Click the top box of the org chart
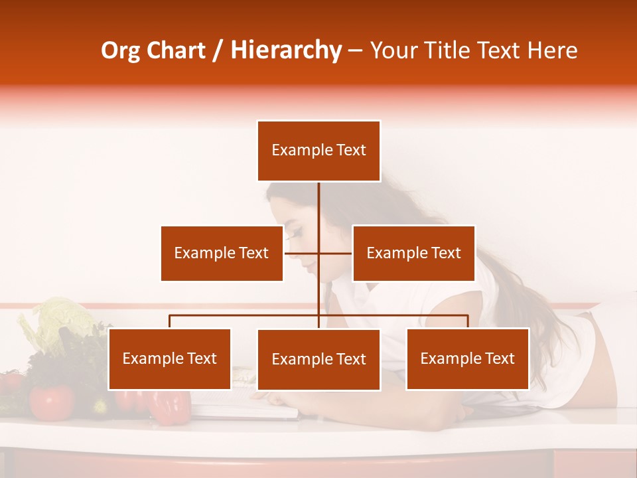[x=318, y=151]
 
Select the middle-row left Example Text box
[x=222, y=253]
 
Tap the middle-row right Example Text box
[x=413, y=253]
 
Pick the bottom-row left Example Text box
[x=169, y=358]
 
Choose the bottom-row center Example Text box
[x=318, y=360]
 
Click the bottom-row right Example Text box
[x=467, y=358]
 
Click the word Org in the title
[x=121, y=50]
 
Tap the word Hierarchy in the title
[x=286, y=50]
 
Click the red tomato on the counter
[x=51, y=402]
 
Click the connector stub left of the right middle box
[x=336, y=253]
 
